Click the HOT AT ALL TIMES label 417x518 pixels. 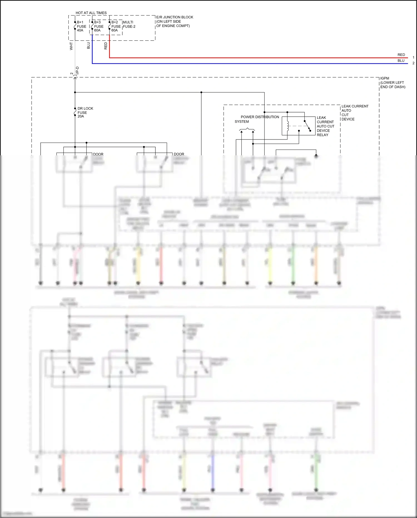click(91, 13)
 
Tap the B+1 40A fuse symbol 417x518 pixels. click(75, 26)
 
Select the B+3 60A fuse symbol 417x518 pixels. click(92, 26)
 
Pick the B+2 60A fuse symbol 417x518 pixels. click(110, 26)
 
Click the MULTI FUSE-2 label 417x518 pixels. click(129, 24)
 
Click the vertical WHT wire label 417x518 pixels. click(71, 46)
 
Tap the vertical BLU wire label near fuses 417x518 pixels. click(88, 45)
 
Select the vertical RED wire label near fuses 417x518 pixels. click(106, 46)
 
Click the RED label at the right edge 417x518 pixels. click(401, 55)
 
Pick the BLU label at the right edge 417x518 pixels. click(401, 61)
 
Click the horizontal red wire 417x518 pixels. click(250, 58)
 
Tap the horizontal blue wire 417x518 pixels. click(250, 64)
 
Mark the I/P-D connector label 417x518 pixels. click(78, 70)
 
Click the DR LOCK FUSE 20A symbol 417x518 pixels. click(75, 112)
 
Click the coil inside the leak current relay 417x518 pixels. click(288, 126)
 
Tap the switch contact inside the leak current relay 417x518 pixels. click(307, 126)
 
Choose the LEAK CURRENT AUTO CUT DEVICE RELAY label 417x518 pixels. click(325, 126)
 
